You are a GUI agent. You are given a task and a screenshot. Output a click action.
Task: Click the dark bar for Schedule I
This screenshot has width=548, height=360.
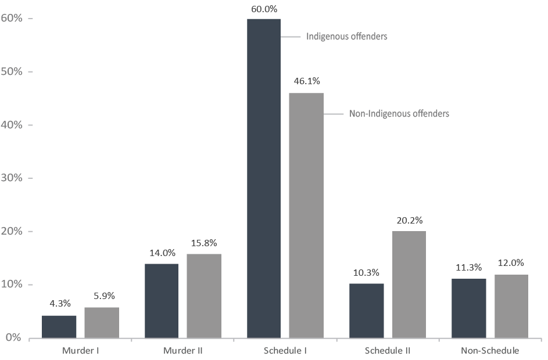[264, 178]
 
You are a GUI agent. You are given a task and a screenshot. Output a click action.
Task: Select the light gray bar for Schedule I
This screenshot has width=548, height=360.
[306, 215]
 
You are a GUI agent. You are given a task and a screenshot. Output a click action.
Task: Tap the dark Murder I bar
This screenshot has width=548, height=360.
[59, 326]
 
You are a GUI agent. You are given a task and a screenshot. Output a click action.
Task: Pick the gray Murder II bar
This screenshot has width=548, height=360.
[204, 296]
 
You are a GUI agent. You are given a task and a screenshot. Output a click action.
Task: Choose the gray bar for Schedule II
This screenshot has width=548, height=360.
[409, 285]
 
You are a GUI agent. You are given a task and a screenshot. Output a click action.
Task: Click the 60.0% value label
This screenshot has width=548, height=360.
[264, 9]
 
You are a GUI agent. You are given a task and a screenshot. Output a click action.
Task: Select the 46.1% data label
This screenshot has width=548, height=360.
[307, 81]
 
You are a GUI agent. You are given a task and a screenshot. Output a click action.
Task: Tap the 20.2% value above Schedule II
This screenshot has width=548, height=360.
[409, 220]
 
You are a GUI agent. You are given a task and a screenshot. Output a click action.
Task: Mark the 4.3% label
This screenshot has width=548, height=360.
[59, 303]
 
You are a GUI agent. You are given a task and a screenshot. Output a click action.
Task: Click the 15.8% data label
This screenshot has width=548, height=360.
[204, 243]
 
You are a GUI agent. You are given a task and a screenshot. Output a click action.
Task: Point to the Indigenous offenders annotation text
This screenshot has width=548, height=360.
[346, 37]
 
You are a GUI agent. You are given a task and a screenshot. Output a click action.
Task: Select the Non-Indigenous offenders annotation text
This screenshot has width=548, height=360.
[399, 114]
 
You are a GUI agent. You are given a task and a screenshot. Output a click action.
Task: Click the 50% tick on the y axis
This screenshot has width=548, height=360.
[12, 71]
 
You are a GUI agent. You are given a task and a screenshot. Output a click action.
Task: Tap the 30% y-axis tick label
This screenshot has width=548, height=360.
[12, 178]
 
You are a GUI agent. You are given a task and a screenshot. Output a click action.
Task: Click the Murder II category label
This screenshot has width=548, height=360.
[182, 351]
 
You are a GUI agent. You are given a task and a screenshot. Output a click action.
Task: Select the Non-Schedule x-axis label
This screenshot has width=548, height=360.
[490, 351]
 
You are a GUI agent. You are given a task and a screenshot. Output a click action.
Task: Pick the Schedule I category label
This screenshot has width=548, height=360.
[285, 351]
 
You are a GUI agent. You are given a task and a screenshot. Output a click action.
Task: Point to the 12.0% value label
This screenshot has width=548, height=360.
[511, 263]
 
